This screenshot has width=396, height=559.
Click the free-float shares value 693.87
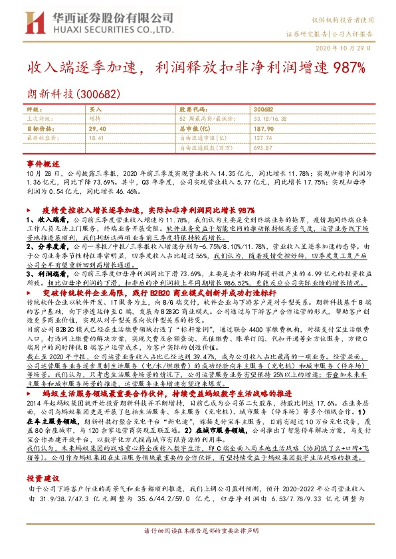263,147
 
